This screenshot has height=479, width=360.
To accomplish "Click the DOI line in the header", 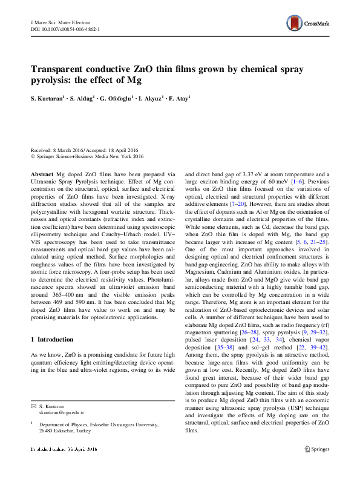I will pos(65,28).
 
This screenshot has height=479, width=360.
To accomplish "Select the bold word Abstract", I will pos(42,173).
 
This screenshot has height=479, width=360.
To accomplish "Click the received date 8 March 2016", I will pos(72,151).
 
